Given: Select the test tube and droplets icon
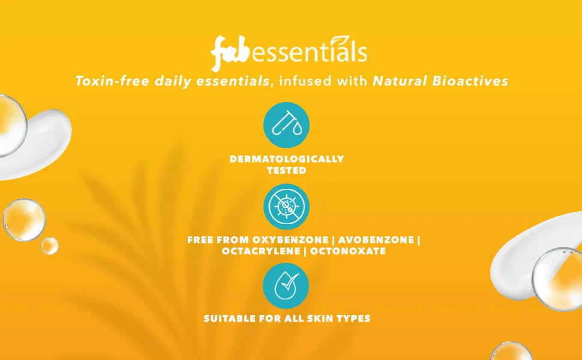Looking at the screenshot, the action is [x=286, y=125].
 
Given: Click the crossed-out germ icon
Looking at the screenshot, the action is [x=286, y=206].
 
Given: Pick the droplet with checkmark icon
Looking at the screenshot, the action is [x=286, y=286].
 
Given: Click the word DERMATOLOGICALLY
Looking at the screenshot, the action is [x=287, y=159].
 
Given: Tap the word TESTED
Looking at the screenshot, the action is [x=287, y=170].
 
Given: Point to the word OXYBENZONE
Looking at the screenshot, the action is [x=290, y=240].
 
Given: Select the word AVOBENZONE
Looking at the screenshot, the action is [x=376, y=240].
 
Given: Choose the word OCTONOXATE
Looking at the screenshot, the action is [x=348, y=251].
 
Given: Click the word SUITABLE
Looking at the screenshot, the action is [x=225, y=319].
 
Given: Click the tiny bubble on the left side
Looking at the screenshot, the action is [x=49, y=245].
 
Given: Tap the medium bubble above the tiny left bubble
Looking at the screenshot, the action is [x=24, y=220].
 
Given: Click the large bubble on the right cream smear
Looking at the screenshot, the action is [x=559, y=279].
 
